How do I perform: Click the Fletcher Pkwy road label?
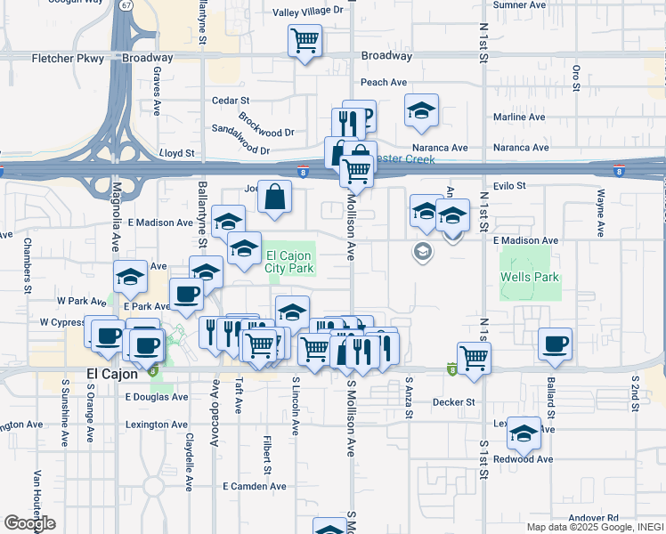point(68,59)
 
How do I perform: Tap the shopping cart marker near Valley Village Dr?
point(305,41)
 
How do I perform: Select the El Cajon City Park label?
point(290,262)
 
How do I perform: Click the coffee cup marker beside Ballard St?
point(556,344)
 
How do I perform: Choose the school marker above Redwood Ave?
point(524,433)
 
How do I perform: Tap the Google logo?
point(29,523)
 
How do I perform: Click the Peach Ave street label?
point(384,82)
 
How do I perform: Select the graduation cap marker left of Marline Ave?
point(421,110)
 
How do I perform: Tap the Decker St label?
point(453,402)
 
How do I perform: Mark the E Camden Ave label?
point(255,487)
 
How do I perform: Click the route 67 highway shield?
point(127,5)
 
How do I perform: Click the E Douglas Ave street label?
point(157,397)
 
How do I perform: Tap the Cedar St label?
point(230,101)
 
